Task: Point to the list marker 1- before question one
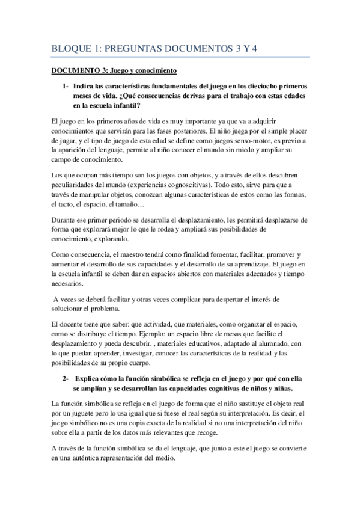pyautogui.click(x=67, y=87)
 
